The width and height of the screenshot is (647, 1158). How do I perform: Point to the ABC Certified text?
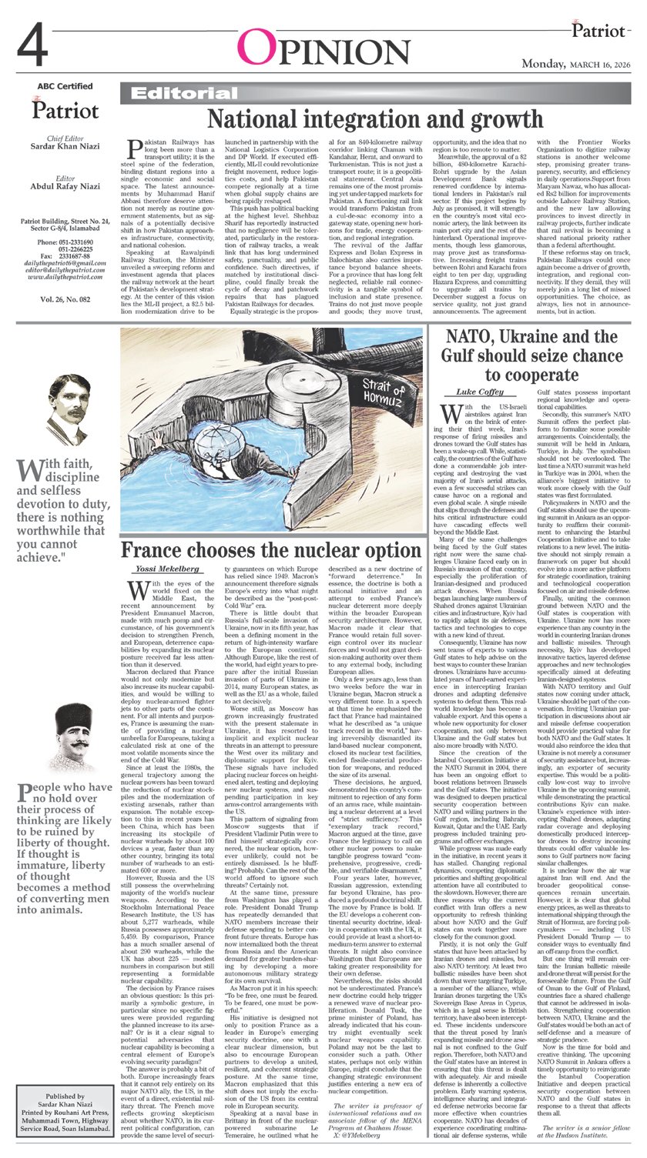(65, 86)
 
